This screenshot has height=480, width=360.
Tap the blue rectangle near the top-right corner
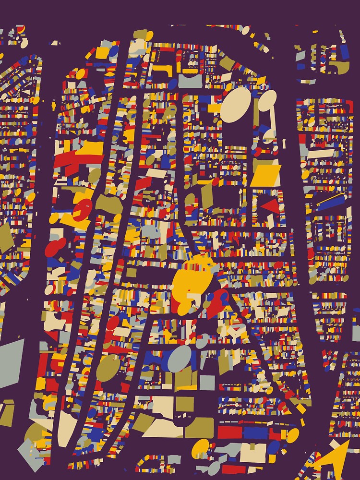point(344,51)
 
